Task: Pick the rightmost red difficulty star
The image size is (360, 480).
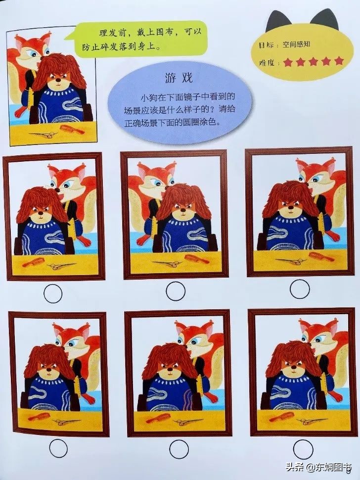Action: pyautogui.click(x=339, y=61)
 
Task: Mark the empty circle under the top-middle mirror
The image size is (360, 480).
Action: pyautogui.click(x=175, y=291)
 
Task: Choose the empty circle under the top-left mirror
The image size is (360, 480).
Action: pyautogui.click(x=53, y=293)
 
